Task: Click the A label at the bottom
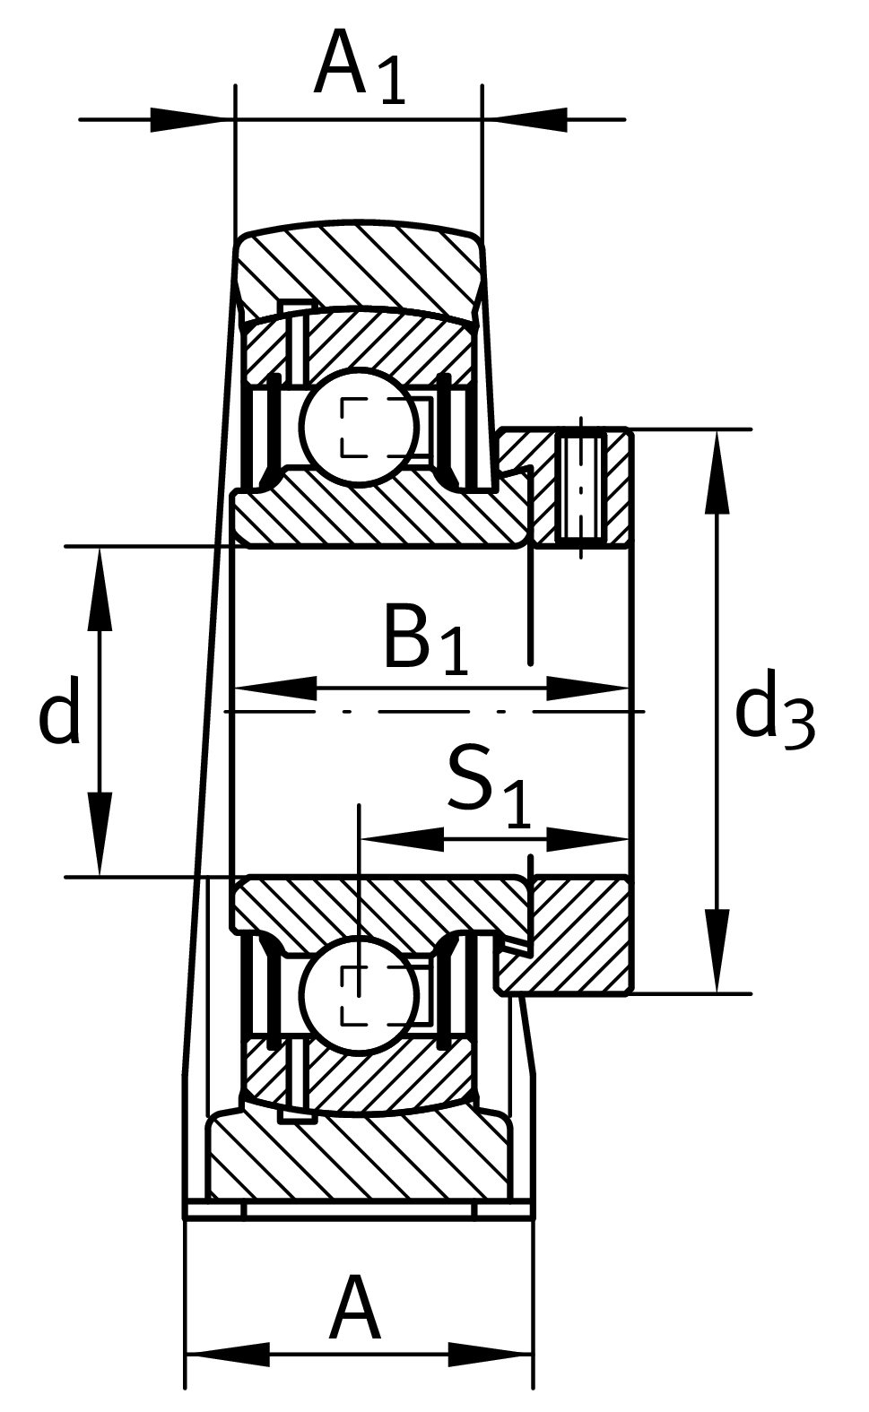click(355, 1311)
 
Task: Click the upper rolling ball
click(360, 427)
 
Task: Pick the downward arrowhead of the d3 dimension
click(717, 950)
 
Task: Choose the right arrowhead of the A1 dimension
click(525, 119)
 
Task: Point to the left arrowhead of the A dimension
click(228, 1354)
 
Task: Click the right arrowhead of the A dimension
click(490, 1354)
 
